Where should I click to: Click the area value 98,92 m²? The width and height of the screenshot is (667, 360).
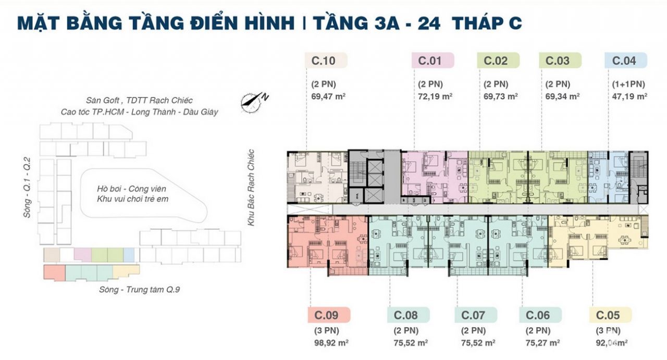(330, 343)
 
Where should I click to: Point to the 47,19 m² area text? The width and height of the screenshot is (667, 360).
(629, 96)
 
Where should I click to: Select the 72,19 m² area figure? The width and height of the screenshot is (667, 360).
(435, 96)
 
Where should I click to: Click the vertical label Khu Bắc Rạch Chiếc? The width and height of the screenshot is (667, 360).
(251, 187)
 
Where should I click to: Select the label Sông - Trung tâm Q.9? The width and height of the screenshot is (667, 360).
(139, 290)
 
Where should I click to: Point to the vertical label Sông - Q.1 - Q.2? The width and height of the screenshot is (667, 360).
(28, 188)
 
